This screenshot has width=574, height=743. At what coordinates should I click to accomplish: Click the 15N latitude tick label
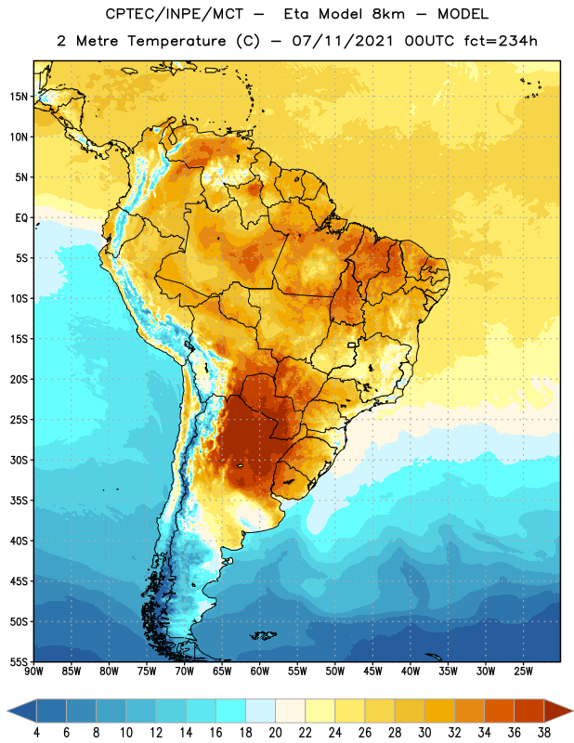pyautogui.click(x=19, y=97)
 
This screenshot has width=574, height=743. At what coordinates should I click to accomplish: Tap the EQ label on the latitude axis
pyautogui.click(x=21, y=218)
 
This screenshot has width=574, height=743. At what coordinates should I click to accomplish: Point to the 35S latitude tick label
pyautogui.click(x=19, y=501)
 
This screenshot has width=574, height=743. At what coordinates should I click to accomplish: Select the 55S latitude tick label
pyautogui.click(x=19, y=661)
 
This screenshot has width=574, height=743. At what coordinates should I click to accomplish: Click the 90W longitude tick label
pyautogui.click(x=33, y=671)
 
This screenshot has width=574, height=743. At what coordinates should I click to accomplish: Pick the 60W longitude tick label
pyautogui.click(x=260, y=671)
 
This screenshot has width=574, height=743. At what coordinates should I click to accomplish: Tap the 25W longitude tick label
pyautogui.click(x=523, y=671)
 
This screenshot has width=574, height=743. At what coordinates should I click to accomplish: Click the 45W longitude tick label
pyautogui.click(x=372, y=671)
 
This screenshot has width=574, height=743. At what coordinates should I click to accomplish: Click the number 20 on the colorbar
pyautogui.click(x=275, y=733)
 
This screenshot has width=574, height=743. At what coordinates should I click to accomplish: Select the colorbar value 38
pyautogui.click(x=544, y=733)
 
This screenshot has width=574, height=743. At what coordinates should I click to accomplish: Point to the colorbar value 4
pyautogui.click(x=36, y=733)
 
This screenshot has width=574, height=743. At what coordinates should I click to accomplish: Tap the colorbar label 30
pyautogui.click(x=424, y=733)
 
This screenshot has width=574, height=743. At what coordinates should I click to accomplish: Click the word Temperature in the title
pyautogui.click(x=176, y=41)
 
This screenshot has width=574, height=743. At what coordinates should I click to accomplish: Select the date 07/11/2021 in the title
pyautogui.click(x=343, y=41)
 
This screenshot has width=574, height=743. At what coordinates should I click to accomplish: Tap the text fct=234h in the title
pyautogui.click(x=501, y=41)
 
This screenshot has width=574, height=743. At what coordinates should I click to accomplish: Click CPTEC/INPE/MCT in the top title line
pyautogui.click(x=175, y=14)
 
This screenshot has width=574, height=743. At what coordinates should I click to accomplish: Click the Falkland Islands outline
pyautogui.click(x=264, y=635)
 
